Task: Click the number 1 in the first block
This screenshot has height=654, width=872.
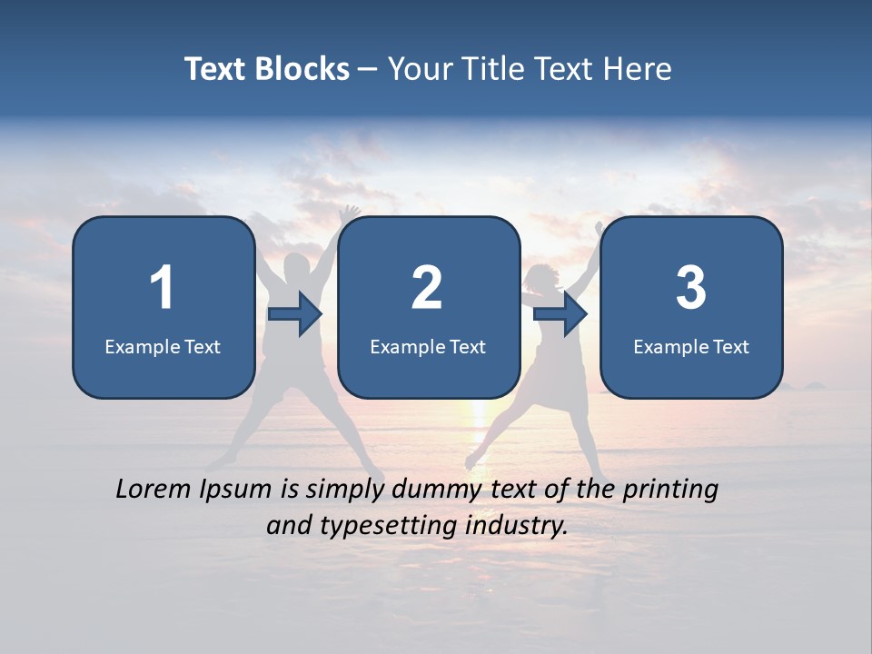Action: click(x=162, y=288)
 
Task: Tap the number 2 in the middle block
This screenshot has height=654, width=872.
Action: click(x=427, y=288)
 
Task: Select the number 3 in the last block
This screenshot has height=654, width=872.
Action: click(x=690, y=288)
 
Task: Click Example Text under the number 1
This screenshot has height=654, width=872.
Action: click(x=163, y=347)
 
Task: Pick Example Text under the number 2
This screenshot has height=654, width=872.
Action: click(x=428, y=347)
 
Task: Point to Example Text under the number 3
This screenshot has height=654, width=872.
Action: click(x=691, y=347)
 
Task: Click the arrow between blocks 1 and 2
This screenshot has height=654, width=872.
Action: click(x=295, y=314)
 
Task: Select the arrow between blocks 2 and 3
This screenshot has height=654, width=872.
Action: click(x=560, y=314)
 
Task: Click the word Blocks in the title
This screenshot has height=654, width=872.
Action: click(x=304, y=69)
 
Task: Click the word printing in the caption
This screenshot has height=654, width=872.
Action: click(x=669, y=490)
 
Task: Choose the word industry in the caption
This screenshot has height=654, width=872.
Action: click(x=516, y=525)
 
